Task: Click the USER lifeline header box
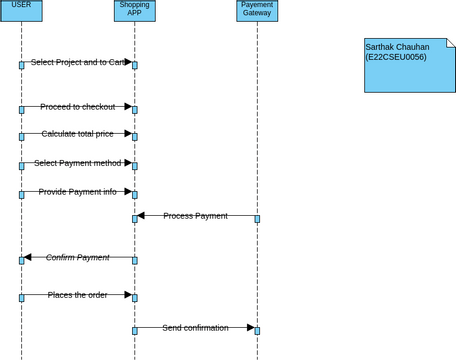click(21, 10)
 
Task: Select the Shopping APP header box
click(134, 10)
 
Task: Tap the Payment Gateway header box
click(257, 10)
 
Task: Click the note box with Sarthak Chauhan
click(409, 65)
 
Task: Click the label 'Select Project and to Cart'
click(77, 62)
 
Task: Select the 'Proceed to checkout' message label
click(77, 106)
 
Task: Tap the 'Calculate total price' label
click(77, 133)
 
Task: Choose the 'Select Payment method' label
click(77, 163)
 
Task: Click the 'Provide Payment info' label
click(77, 191)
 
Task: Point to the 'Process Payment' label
click(195, 215)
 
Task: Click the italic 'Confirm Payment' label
click(77, 257)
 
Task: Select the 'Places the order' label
click(77, 294)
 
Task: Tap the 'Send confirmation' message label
click(195, 327)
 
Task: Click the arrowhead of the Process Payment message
click(141, 215)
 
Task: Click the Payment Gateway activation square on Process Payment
click(257, 218)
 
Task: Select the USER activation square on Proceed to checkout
click(21, 109)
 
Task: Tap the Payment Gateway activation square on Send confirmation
click(257, 330)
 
